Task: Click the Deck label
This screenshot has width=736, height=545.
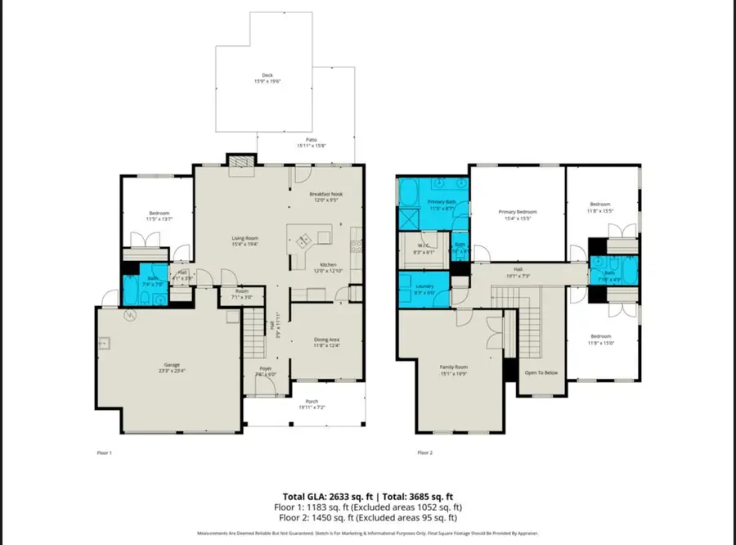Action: pyautogui.click(x=267, y=76)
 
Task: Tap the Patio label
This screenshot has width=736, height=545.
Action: pyautogui.click(x=306, y=141)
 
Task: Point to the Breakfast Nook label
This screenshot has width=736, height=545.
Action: pyautogui.click(x=325, y=195)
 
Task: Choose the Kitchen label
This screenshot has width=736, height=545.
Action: pyautogui.click(x=328, y=265)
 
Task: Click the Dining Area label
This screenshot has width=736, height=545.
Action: pyautogui.click(x=326, y=340)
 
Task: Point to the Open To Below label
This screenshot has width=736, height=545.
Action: pyautogui.click(x=541, y=373)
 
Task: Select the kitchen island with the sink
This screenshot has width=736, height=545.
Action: pyautogui.click(x=307, y=240)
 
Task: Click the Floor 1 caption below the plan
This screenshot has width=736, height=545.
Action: pyautogui.click(x=104, y=452)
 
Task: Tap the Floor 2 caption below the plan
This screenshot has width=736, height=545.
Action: pyautogui.click(x=424, y=452)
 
